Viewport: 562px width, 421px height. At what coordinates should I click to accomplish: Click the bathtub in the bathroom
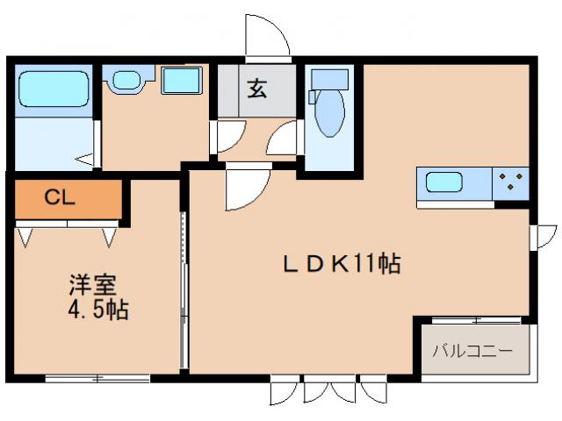tap(52, 90)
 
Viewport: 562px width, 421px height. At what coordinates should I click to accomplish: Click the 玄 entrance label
tap(256, 89)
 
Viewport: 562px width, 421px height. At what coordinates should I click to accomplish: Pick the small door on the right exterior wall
tap(545, 236)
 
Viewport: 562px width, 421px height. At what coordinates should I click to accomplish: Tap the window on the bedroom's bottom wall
tap(97, 379)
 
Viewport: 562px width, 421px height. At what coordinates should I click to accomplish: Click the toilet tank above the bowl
tap(328, 80)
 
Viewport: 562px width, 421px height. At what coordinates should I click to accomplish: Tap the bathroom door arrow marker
tap(85, 160)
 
